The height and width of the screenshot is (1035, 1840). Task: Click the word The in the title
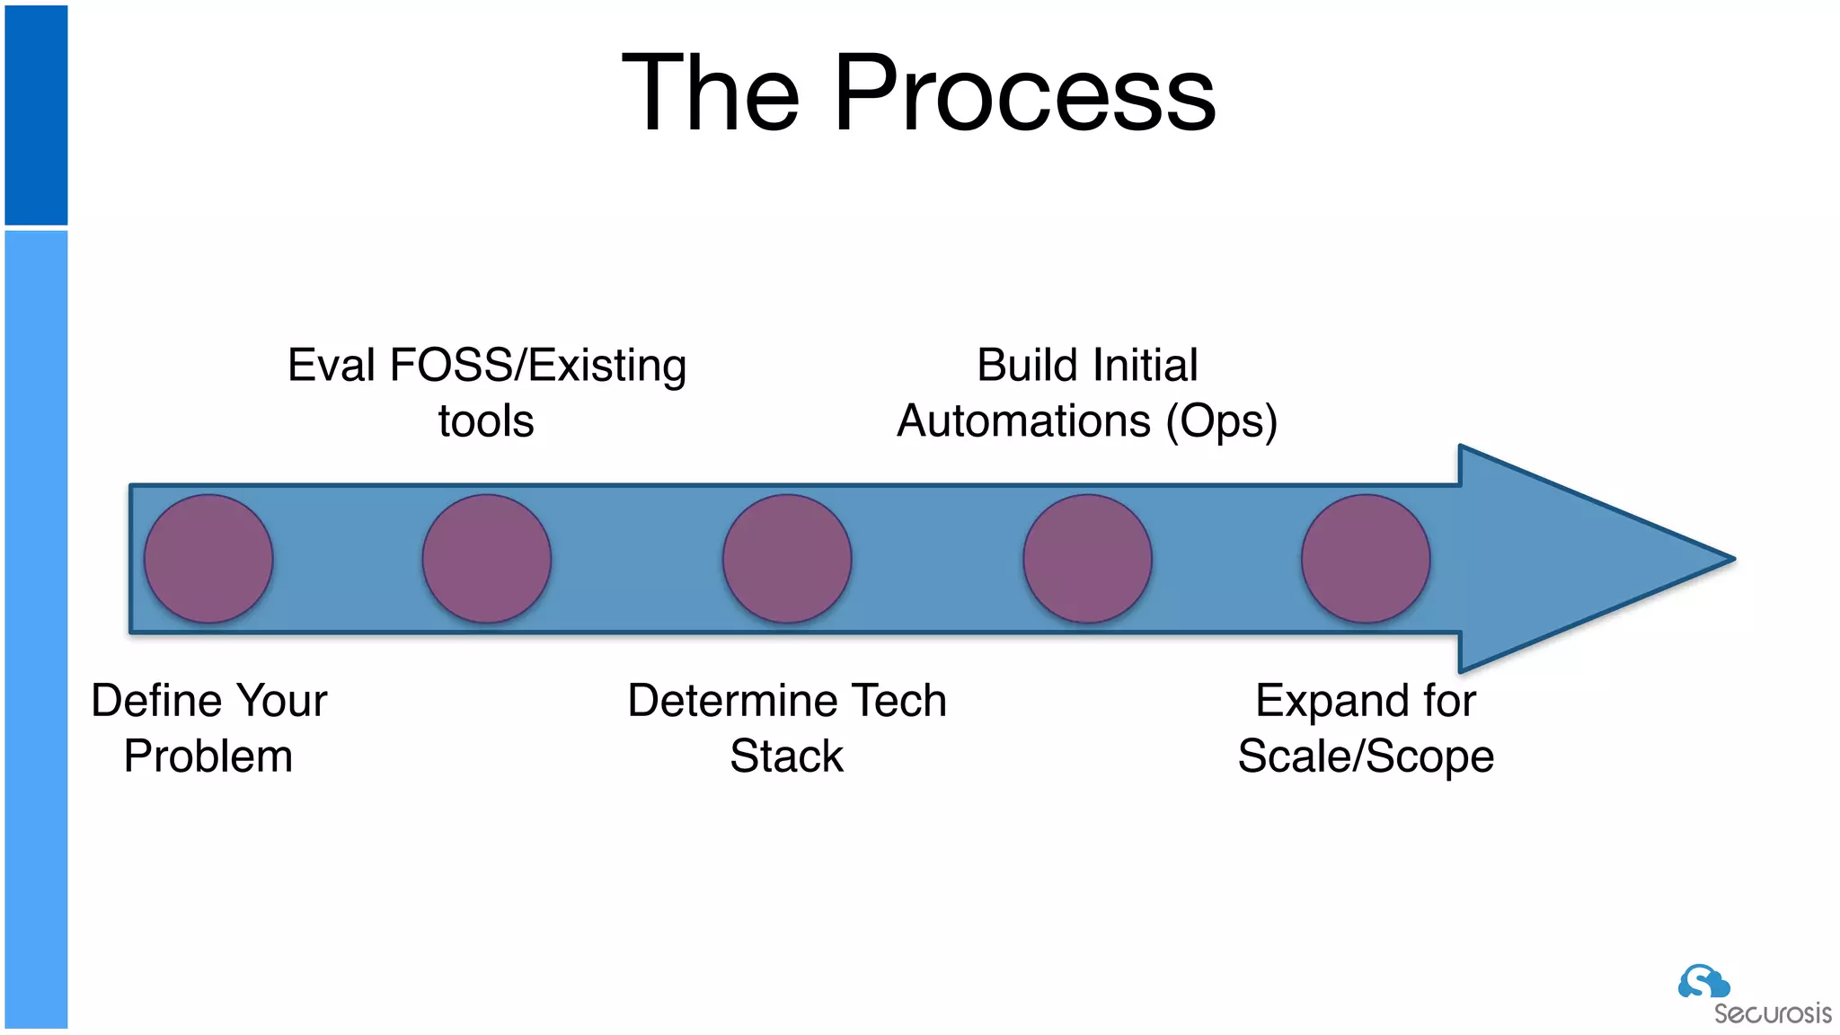711,93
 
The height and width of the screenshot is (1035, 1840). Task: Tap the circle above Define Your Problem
208,559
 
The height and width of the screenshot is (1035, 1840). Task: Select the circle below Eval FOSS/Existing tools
487,559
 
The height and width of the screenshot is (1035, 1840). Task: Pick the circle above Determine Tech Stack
787,559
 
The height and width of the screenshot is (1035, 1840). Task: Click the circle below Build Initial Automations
1087,559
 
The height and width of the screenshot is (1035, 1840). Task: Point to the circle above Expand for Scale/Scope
1366,559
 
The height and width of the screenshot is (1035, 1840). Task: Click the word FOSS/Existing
538,367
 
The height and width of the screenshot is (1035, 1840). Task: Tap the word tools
486,421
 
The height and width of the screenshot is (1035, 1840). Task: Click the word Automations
1024,421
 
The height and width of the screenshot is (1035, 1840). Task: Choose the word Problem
208,756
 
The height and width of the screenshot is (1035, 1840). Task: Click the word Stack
786,756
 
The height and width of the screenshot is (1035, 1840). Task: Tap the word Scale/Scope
1366,756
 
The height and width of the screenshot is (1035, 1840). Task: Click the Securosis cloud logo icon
1703,981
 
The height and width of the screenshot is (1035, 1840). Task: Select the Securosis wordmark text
1772,1014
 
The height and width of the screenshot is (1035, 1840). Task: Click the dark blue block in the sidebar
36,115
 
